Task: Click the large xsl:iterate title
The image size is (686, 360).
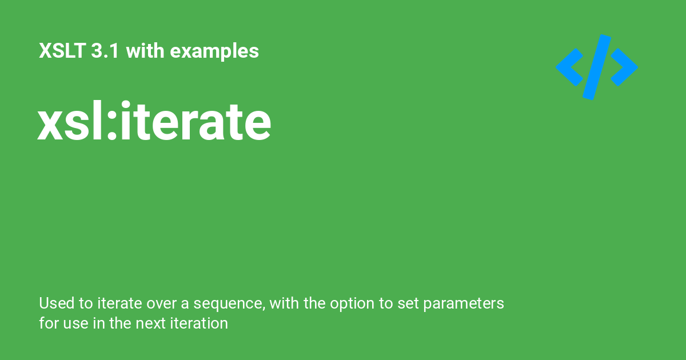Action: click(x=154, y=122)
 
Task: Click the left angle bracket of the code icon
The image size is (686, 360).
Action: click(x=569, y=67)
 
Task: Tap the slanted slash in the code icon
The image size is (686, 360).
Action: click(x=597, y=67)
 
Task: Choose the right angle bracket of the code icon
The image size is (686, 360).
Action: click(x=625, y=67)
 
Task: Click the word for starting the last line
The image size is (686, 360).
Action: click(x=48, y=323)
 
